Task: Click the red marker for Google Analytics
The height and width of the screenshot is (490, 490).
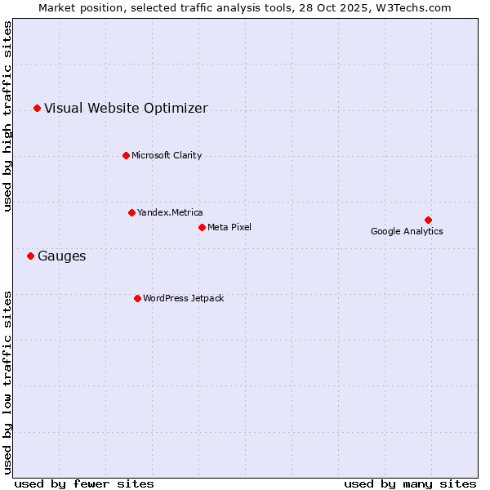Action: (x=428, y=220)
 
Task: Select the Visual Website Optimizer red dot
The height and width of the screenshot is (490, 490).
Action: (x=37, y=108)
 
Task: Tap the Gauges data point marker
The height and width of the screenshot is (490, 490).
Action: (x=30, y=256)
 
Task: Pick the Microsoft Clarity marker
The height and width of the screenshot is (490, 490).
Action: (x=126, y=155)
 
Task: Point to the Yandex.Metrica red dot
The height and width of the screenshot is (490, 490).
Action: (x=131, y=212)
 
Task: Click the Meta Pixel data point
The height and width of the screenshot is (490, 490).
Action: (x=202, y=227)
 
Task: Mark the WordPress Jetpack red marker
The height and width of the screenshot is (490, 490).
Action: (x=137, y=298)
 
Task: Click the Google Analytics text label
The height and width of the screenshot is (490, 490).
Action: (x=407, y=231)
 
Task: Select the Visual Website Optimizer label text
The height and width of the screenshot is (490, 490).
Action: (x=126, y=108)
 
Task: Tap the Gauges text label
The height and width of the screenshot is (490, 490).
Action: (x=61, y=256)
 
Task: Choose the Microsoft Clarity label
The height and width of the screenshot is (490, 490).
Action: (x=167, y=155)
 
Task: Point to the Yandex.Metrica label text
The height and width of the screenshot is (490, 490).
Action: (x=170, y=212)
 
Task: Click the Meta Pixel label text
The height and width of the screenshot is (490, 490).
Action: (x=229, y=227)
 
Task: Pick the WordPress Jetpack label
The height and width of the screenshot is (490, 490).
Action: (x=183, y=298)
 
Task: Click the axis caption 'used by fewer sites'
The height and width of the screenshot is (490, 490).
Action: (x=84, y=483)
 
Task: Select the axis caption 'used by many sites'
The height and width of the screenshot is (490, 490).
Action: (x=410, y=483)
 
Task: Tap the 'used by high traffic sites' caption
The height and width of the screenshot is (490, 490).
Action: (x=8, y=116)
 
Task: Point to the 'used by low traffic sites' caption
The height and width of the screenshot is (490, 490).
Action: (x=8, y=381)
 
